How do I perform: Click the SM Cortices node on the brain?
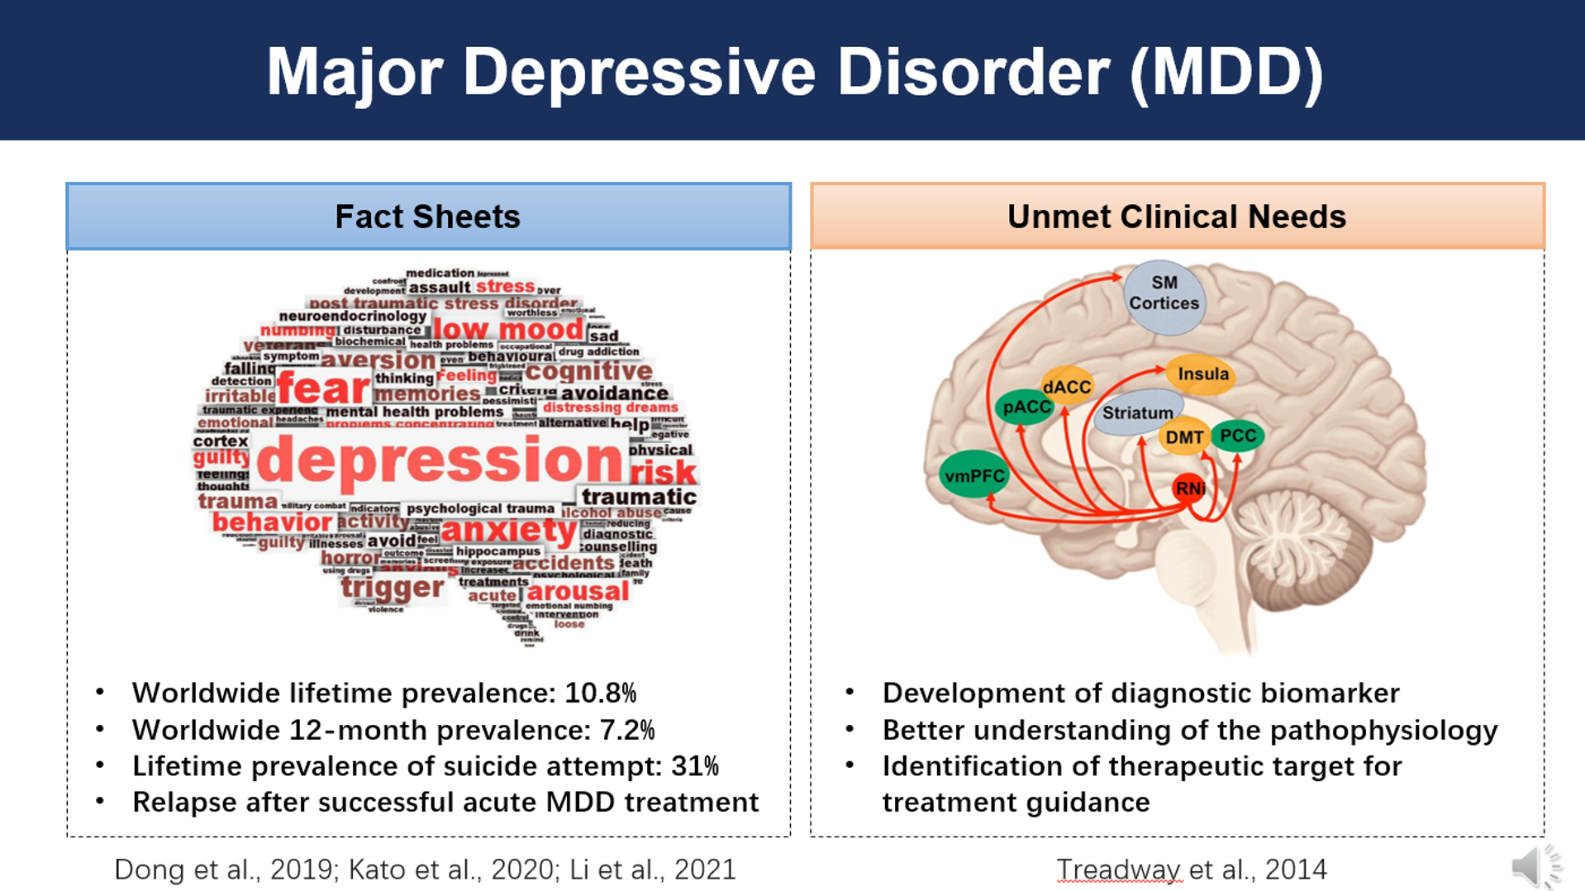click(1164, 295)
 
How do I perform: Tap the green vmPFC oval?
click(974, 475)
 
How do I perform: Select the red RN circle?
click(1189, 488)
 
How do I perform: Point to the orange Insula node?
click(1202, 374)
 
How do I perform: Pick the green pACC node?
click(1026, 407)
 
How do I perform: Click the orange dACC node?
click(1067, 386)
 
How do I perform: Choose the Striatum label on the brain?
click(1137, 412)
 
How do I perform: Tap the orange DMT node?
click(1184, 437)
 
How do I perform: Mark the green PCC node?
click(1237, 436)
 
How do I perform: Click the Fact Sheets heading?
click(427, 217)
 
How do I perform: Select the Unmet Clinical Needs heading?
click(1176, 217)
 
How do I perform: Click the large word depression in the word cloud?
click(440, 460)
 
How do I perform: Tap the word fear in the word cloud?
click(323, 388)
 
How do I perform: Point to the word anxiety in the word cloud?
click(509, 530)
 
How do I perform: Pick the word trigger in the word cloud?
click(393, 588)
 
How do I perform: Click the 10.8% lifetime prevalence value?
click(600, 693)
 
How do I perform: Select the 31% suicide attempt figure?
click(694, 766)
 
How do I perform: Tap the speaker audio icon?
click(1535, 866)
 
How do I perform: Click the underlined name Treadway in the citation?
click(1119, 870)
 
